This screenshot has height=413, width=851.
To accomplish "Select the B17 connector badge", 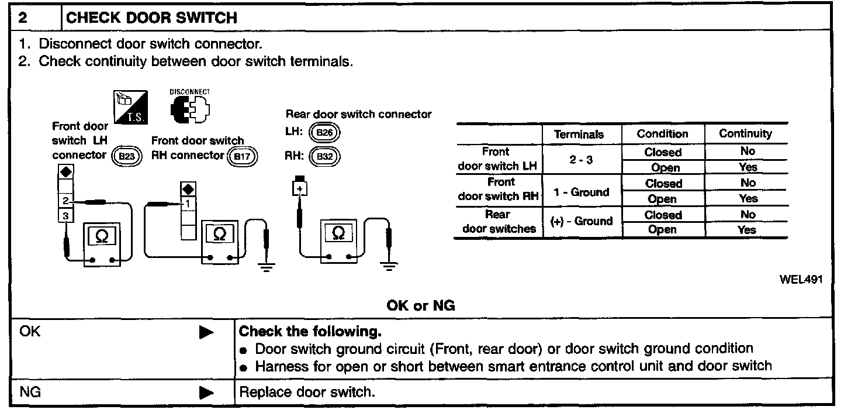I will tap(241, 156).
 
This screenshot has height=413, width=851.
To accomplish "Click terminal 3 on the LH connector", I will tap(65, 216).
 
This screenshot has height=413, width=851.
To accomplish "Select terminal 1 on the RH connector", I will tap(188, 204).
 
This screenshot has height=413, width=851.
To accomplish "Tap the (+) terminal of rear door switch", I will tap(300, 188).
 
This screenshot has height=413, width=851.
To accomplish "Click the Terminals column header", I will tap(579, 134).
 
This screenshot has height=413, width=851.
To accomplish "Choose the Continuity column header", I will tap(745, 133).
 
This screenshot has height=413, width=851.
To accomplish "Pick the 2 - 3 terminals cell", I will tap(581, 159).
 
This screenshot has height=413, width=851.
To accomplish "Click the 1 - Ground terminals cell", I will tap(582, 191).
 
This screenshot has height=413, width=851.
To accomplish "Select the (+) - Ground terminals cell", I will tap(581, 222).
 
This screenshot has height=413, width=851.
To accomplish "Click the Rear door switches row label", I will tap(499, 222).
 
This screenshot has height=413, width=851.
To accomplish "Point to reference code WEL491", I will tap(801, 280).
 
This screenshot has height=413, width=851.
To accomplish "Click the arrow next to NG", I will tap(205, 393).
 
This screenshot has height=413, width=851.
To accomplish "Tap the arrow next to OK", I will tap(205, 332).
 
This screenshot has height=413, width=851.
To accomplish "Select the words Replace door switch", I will tap(306, 392).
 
